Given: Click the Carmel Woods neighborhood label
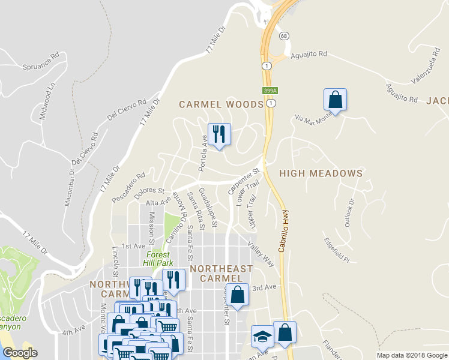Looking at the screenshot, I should [221, 104].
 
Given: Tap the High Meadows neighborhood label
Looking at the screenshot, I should [321, 173].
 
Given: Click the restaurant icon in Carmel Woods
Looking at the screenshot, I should [218, 134].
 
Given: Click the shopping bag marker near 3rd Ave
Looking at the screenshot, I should [238, 295].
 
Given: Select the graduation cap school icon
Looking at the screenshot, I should [262, 337].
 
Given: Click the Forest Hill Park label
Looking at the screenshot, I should [158, 259].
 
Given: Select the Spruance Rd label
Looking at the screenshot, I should [41, 61].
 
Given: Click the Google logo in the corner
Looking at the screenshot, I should [20, 353].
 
